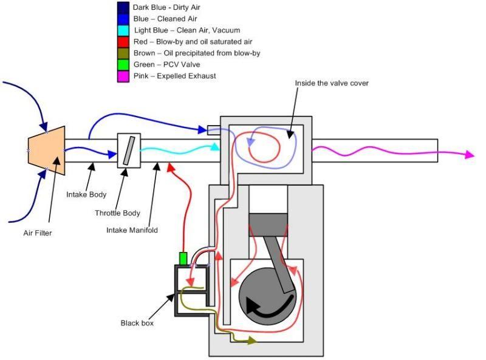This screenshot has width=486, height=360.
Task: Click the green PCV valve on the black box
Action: click(183, 259)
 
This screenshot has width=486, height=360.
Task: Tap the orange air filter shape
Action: click(47, 151)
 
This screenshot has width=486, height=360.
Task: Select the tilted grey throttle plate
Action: click(129, 151)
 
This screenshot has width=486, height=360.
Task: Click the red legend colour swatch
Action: click(123, 42)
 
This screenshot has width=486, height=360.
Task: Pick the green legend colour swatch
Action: click(123, 65)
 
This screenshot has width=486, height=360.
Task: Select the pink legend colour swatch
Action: click(123, 76)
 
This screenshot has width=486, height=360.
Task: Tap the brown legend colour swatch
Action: click(123, 53)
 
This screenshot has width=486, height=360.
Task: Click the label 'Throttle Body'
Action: click(117, 213)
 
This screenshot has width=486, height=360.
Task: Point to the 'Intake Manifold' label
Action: click(132, 230)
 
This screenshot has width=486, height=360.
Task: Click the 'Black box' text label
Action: click(137, 323)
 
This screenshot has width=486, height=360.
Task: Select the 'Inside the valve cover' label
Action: click(332, 83)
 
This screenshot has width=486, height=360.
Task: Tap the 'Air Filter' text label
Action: click(38, 233)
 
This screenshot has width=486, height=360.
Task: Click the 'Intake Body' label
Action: click(86, 194)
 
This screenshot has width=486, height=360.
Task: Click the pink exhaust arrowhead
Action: click(470, 154)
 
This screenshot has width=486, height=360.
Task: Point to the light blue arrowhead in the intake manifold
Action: click(214, 146)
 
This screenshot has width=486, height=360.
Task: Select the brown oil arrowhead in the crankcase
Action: click(253, 341)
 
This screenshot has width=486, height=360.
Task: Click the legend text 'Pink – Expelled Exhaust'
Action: click(174, 76)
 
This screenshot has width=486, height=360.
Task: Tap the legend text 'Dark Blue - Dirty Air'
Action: click(166, 7)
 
